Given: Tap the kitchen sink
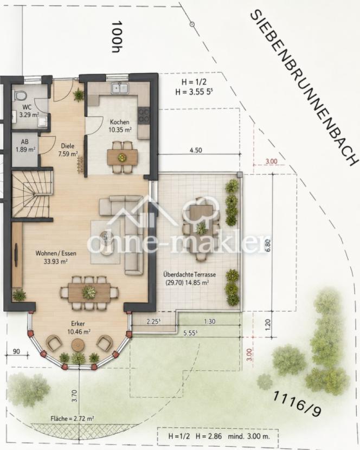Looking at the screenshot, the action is [x=120, y=88].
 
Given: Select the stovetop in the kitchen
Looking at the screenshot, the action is [x=144, y=115].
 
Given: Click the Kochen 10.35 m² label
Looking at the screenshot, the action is [x=120, y=126].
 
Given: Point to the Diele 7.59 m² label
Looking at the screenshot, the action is [x=68, y=150].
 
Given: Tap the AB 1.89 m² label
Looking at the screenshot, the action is [x=25, y=146].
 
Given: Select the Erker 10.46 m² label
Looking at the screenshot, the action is [x=78, y=328].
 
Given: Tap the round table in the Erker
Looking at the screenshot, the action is [x=77, y=344].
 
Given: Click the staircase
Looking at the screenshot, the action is [x=32, y=194].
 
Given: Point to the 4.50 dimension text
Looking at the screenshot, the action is [x=196, y=150].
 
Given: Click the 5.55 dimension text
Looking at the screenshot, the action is [x=191, y=333].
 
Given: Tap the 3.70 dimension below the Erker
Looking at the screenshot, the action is [x=74, y=395].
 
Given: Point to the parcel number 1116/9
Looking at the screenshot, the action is [x=297, y=403].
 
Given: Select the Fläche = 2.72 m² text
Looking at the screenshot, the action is [x=72, y=419].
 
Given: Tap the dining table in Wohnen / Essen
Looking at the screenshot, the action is [x=89, y=292].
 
